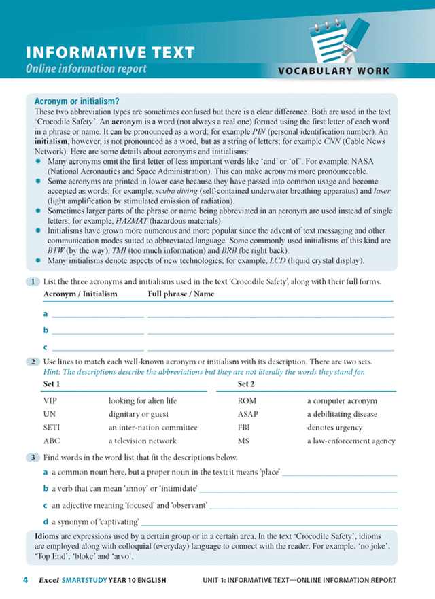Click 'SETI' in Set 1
52,428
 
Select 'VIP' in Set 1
50,401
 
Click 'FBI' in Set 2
244,428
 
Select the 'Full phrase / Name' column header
181,294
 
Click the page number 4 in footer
25,581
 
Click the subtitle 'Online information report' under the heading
86,69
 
